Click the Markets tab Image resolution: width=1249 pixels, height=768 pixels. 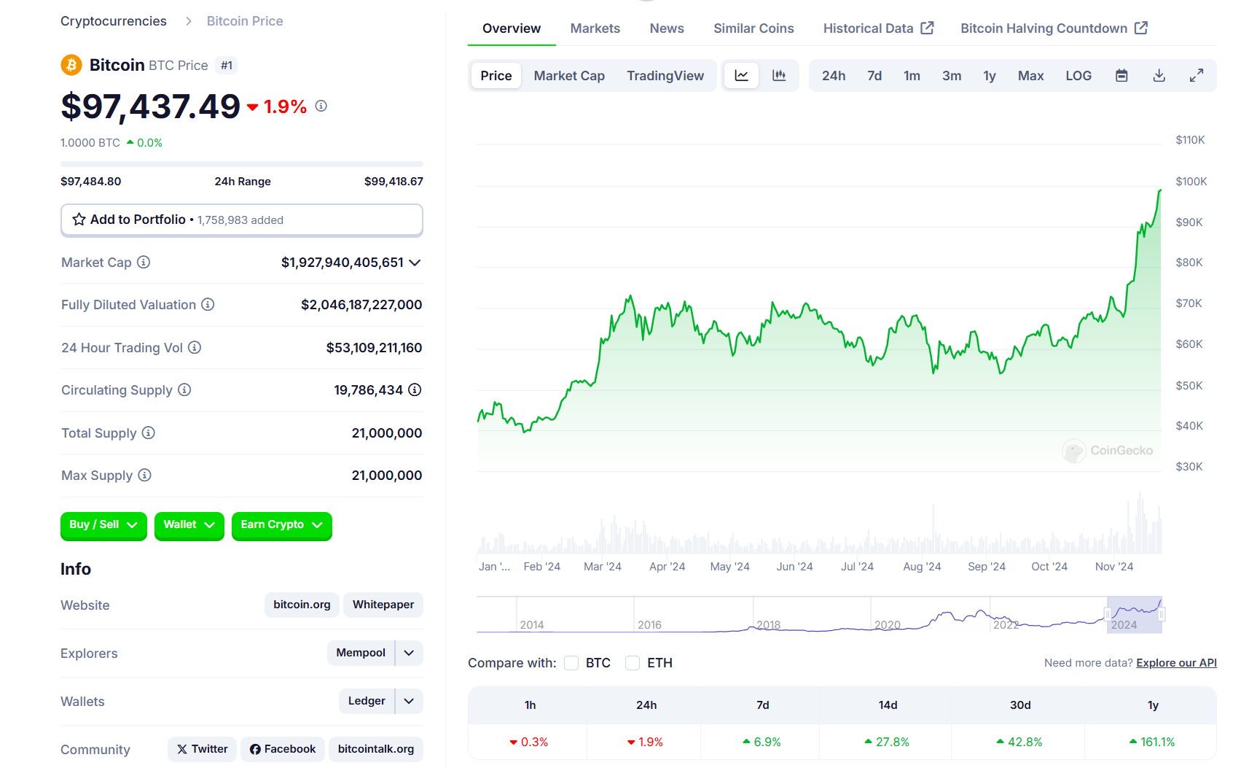tap(595, 28)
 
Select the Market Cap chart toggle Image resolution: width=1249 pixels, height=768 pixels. tap(569, 76)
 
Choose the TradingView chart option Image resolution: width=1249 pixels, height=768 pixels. tap(665, 76)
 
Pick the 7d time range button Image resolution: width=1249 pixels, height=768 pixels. tap(874, 76)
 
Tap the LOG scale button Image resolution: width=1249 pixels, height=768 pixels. tap(1078, 76)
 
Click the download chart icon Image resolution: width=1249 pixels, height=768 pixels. tap(1159, 76)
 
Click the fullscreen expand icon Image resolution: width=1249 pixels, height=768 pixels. tap(1196, 76)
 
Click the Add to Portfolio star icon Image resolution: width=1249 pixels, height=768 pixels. tap(79, 220)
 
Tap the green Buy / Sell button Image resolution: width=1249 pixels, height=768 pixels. tap(103, 525)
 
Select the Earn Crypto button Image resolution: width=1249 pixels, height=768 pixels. tap(281, 525)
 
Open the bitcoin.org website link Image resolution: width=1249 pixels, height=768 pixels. tap(302, 605)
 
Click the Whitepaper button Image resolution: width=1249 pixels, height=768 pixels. tap(383, 605)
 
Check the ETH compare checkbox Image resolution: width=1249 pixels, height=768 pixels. tap(633, 663)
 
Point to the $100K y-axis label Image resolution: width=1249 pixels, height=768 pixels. tap(1191, 182)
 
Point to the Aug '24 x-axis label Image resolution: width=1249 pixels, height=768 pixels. tap(922, 567)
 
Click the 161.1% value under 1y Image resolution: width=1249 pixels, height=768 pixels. tap(1156, 742)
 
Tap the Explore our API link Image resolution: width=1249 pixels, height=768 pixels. tap(1176, 663)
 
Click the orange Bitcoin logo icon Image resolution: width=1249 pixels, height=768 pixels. tap(71, 65)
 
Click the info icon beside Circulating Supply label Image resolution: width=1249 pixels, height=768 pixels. tap(184, 390)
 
